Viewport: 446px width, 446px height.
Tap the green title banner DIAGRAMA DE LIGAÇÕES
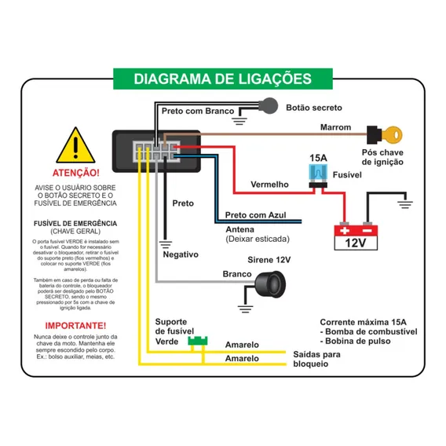[223, 79]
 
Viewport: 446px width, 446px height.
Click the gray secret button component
[269, 106]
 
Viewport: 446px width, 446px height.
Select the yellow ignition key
[392, 135]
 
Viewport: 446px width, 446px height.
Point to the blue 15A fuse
[318, 173]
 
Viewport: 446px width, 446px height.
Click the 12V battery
[356, 238]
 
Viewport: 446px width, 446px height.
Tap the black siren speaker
[270, 284]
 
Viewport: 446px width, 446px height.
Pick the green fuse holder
[198, 341]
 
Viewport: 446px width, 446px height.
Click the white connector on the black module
[156, 152]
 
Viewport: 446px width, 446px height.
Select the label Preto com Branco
[198, 111]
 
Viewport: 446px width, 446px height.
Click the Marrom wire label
[335, 127]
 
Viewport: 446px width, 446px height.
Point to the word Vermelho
[269, 185]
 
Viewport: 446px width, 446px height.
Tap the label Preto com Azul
[255, 214]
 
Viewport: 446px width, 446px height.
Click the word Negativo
[181, 254]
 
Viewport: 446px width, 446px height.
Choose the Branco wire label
[237, 274]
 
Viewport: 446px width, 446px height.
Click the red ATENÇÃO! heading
[76, 173]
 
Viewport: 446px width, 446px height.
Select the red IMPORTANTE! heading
[75, 325]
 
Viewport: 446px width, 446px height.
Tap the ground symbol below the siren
[245, 309]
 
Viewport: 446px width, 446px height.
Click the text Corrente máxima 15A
[363, 322]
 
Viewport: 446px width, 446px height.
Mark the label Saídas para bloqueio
[316, 359]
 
